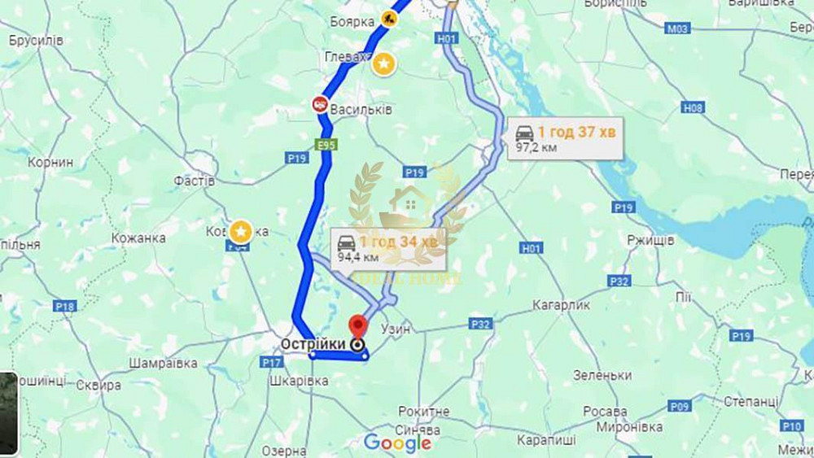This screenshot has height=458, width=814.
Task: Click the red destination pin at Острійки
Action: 357,327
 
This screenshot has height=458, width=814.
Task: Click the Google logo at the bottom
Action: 397,443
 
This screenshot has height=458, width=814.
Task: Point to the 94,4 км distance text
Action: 358,257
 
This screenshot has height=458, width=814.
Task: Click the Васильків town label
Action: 362,109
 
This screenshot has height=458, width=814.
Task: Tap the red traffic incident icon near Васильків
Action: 320,104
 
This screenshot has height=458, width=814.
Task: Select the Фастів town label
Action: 195,181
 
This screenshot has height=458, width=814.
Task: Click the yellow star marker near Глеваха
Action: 383,64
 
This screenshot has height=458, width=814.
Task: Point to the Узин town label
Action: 396,328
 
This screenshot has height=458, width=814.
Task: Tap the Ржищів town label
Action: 650,241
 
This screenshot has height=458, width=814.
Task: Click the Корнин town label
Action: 50,162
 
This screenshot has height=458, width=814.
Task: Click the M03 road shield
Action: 676,28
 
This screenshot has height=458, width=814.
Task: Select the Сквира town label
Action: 98,386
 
